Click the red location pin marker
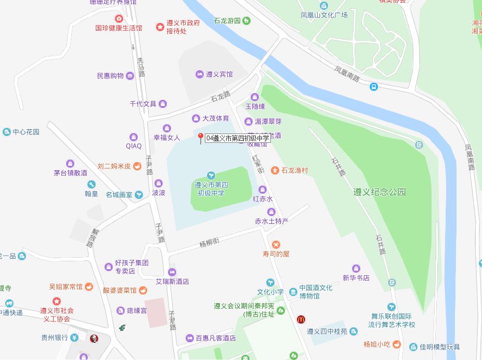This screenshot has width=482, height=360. [201, 137]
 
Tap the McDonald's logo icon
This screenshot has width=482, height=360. [301, 319]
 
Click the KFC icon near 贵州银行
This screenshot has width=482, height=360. [94, 339]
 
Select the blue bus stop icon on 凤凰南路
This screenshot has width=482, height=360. [374, 87]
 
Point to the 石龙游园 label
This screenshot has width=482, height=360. [227, 21]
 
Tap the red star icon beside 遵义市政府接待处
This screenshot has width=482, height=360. [160, 26]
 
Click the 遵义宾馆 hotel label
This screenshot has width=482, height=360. [219, 74]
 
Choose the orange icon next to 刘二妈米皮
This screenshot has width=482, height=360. [137, 166]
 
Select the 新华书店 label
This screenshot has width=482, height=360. [356, 278]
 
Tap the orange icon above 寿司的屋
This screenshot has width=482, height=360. [276, 244]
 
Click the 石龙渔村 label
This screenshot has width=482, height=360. [295, 170]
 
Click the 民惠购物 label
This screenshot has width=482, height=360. [110, 76]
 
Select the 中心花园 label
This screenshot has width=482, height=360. [26, 132]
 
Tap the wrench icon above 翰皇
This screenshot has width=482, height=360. [92, 184]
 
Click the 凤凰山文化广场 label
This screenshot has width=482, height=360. [324, 15]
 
